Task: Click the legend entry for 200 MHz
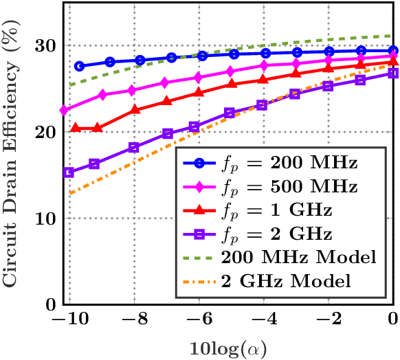pyautogui.click(x=275, y=164)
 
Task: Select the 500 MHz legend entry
pyautogui.click(x=275, y=188)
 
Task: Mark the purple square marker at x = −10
pyautogui.click(x=68, y=172)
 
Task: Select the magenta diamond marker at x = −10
pyautogui.click(x=64, y=110)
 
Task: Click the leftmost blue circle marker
pyautogui.click(x=80, y=66)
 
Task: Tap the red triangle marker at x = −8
pyautogui.click(x=135, y=110)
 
